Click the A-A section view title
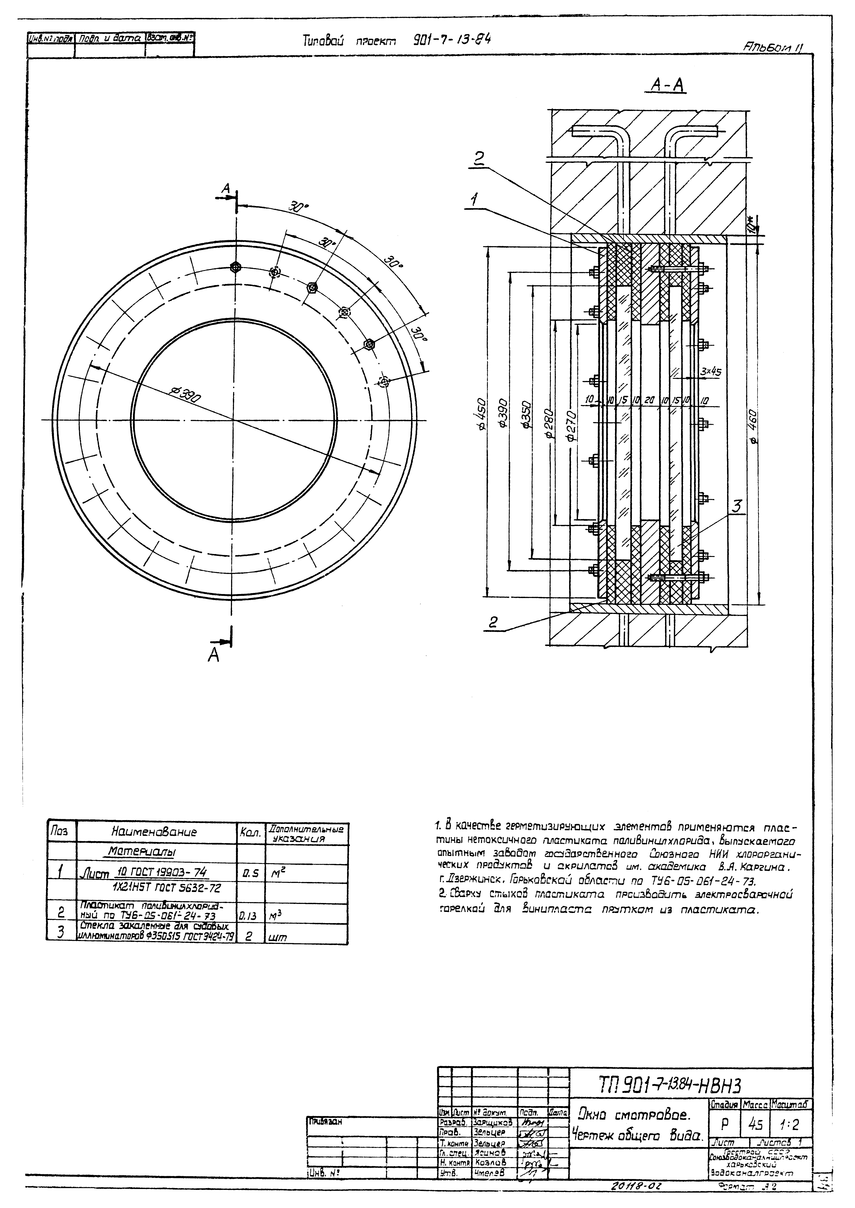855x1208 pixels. [x=669, y=84]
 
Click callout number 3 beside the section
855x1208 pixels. [x=736, y=507]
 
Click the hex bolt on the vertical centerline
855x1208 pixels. [x=236, y=267]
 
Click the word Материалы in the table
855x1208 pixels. [x=142, y=851]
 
